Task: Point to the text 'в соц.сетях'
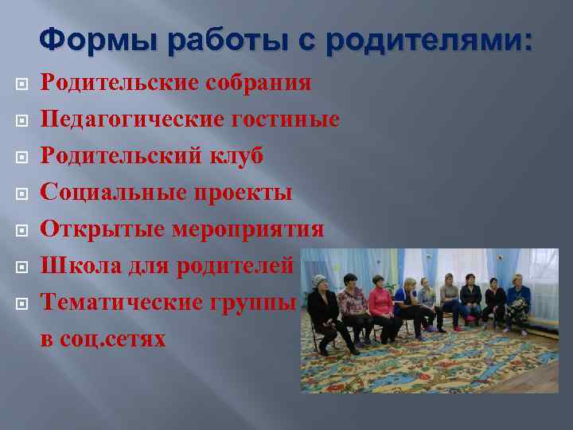coord(103,338)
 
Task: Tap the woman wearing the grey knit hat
coord(322,307)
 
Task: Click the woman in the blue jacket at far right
coord(518,299)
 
